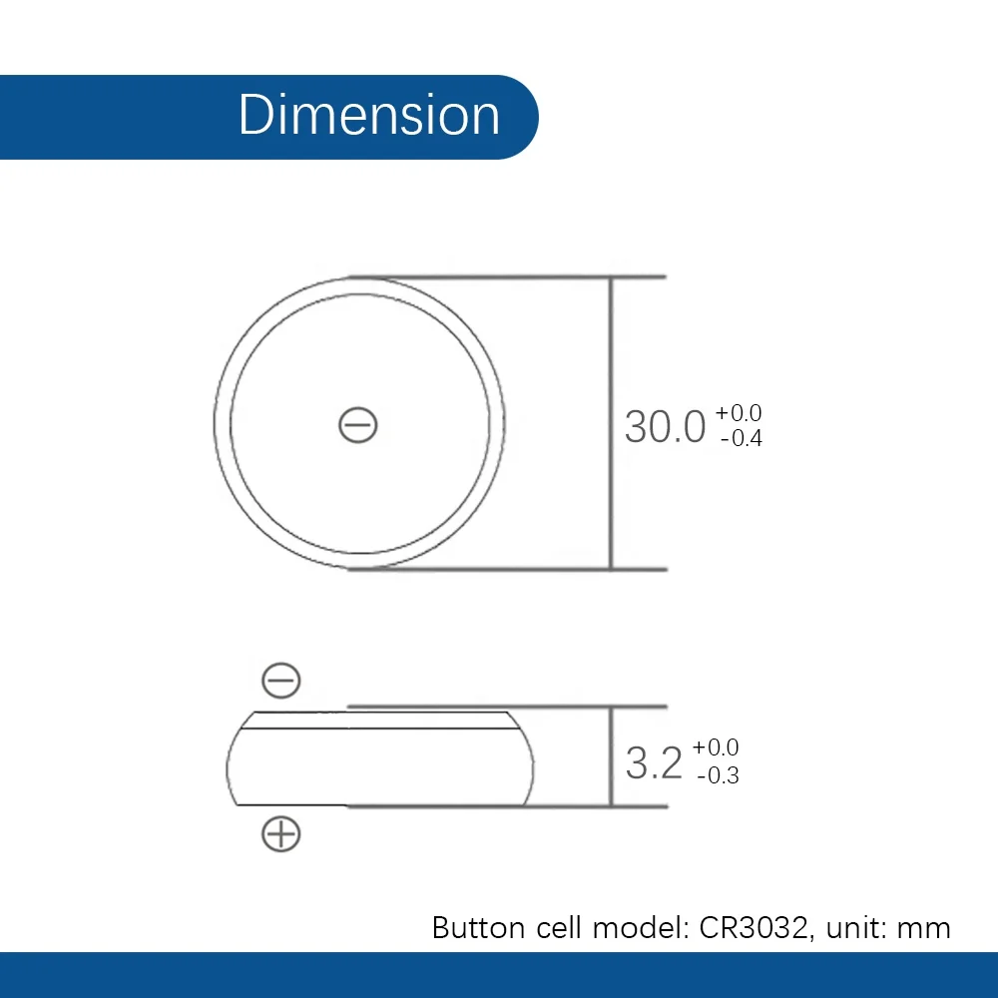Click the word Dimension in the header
[x=368, y=115]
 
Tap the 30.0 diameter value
[x=665, y=426]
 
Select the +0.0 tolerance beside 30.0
[x=739, y=413]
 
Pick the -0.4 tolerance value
[x=740, y=438]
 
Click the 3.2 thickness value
[x=654, y=763]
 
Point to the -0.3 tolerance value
[x=717, y=776]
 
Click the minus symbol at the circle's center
[x=357, y=426]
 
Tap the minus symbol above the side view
[x=280, y=681]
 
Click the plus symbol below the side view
[x=280, y=832]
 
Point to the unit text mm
[x=924, y=928]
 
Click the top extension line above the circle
[x=559, y=275]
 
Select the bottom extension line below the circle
[x=559, y=570]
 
